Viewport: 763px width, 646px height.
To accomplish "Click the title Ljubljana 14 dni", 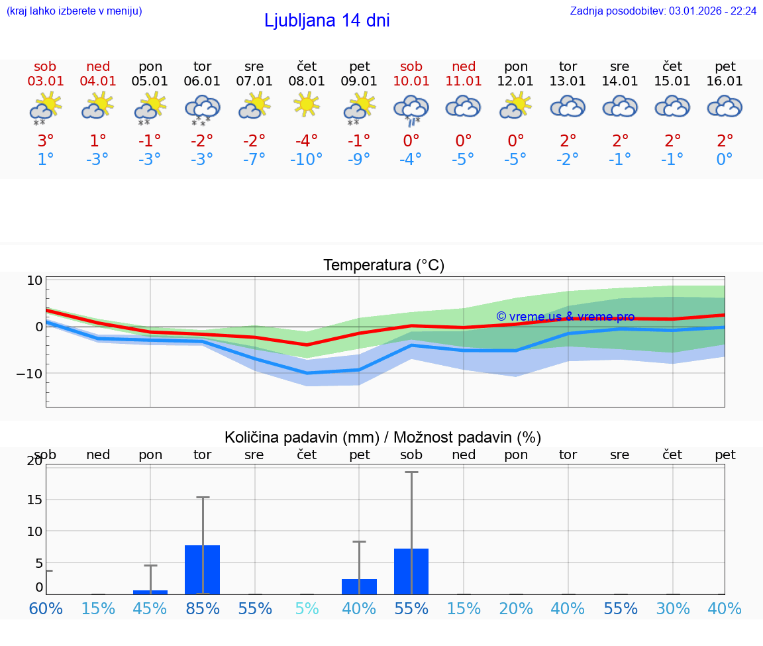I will coord(327,21).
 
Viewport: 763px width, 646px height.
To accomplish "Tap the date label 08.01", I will coord(307,81).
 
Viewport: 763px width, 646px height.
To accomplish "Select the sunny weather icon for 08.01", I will coord(307,105).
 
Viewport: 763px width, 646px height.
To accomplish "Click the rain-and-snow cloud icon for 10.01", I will coord(411,109).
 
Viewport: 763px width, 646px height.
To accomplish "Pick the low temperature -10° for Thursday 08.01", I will coord(307,160).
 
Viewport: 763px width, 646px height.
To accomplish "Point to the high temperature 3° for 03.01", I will coord(45,141).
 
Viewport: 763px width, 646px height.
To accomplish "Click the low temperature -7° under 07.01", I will coord(254,160).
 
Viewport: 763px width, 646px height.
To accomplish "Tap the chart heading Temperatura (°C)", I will coord(383,266).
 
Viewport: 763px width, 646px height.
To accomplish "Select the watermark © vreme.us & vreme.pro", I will coord(565,317).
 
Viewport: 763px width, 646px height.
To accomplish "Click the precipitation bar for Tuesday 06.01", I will coord(202,569).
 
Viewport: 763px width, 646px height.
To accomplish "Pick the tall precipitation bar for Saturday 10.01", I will coord(411,571).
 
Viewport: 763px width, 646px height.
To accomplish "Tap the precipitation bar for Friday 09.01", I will coord(359,586).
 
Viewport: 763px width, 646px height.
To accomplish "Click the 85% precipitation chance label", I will coord(202,609).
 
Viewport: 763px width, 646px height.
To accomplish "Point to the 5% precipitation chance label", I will coord(307,609).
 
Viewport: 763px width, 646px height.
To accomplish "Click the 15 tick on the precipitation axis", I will coord(34,500).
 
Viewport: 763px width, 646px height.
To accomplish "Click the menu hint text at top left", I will coord(74,11).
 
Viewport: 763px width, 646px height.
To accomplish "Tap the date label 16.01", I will coord(725,81).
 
